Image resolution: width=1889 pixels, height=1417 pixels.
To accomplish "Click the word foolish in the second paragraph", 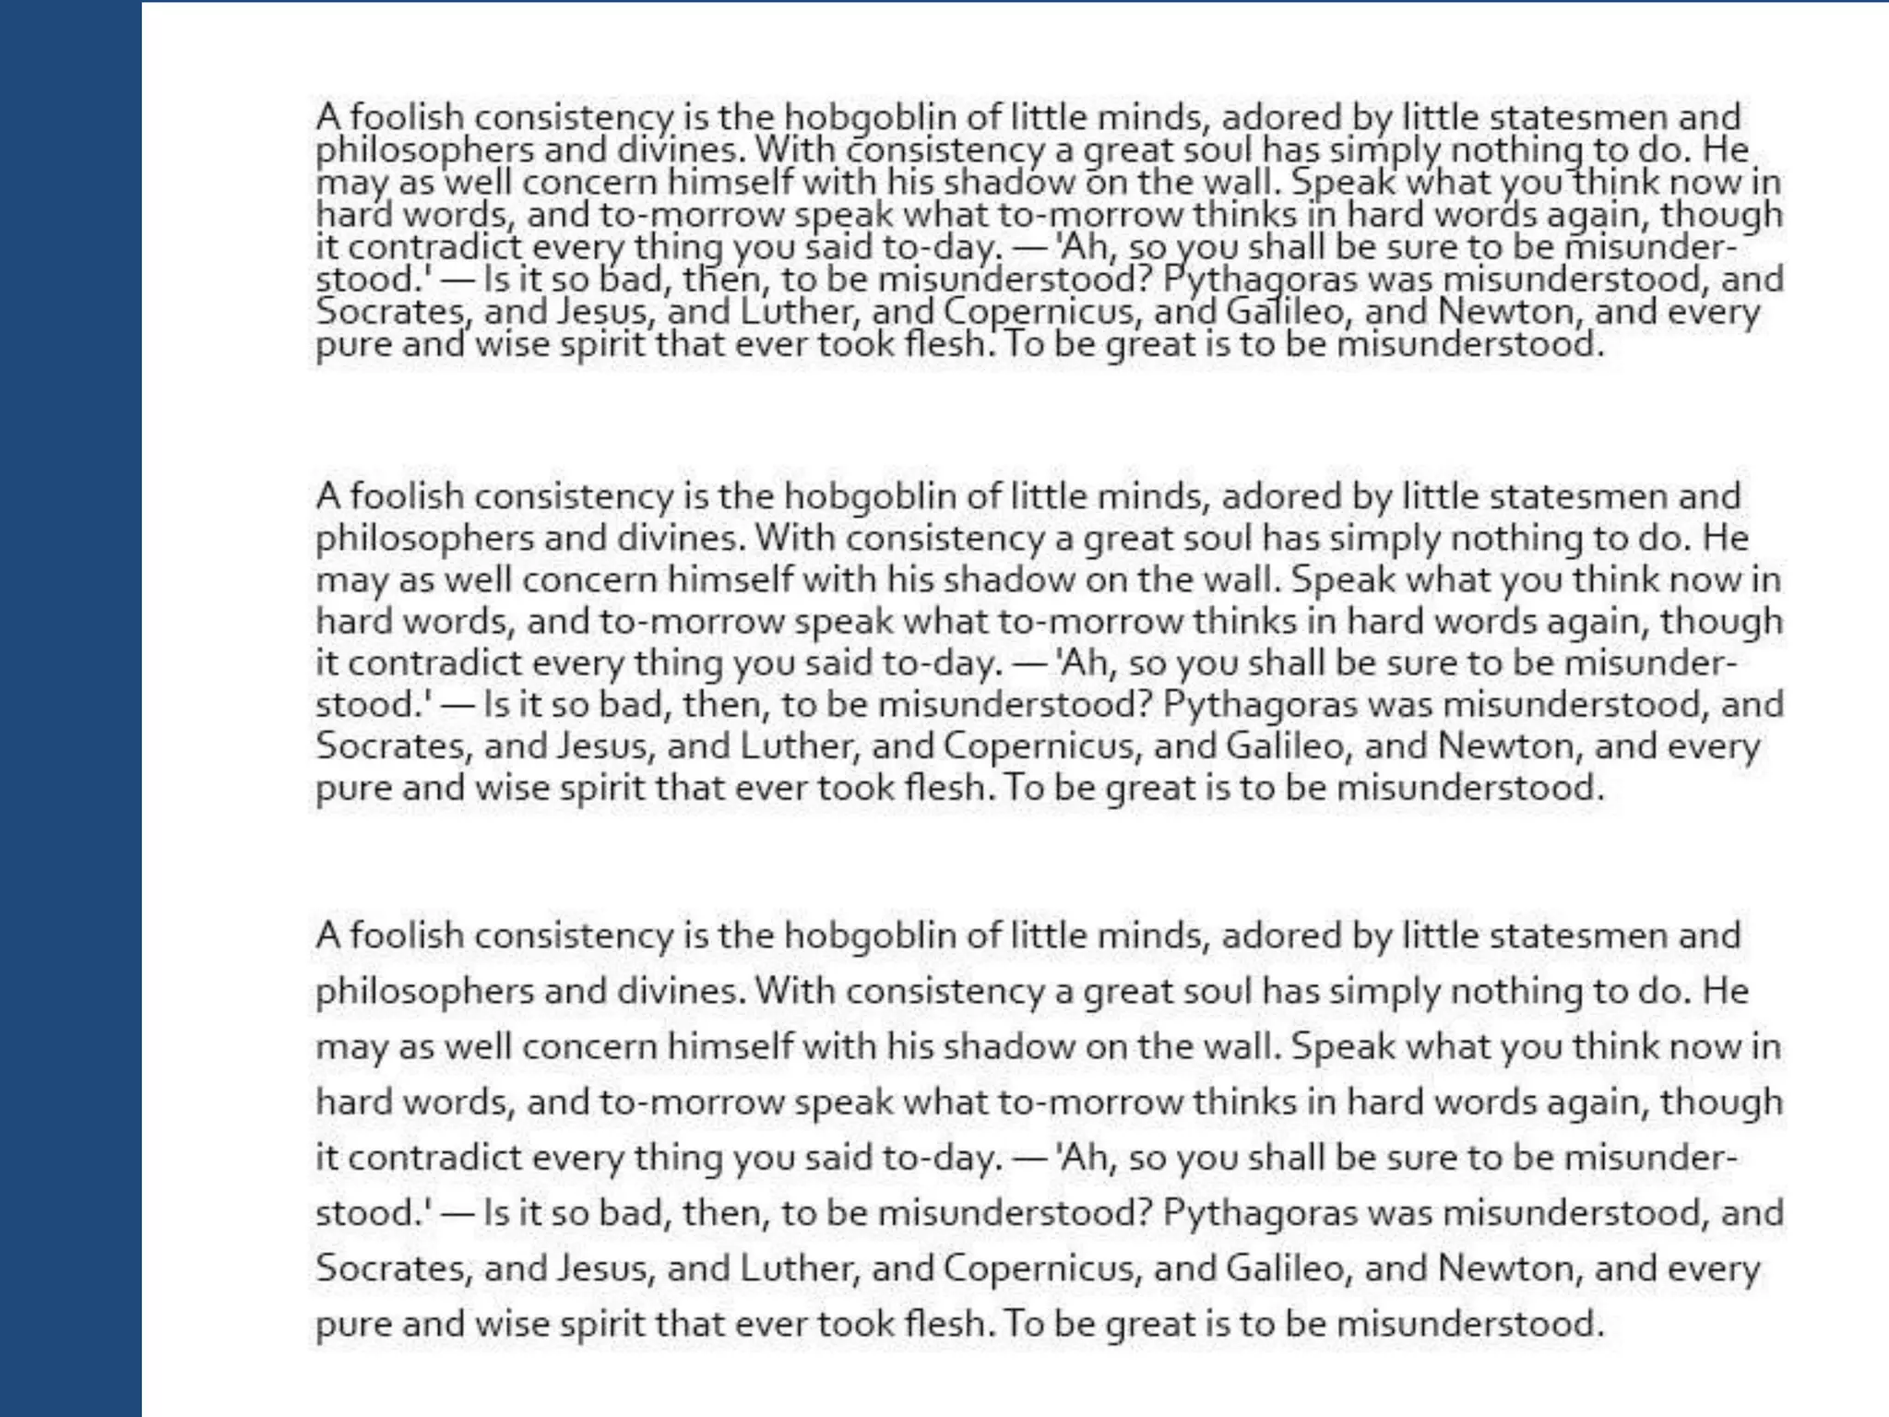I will point(407,496).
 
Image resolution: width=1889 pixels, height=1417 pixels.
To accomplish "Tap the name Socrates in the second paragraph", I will point(391,745).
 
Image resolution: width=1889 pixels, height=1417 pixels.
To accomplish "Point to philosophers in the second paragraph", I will point(424,538).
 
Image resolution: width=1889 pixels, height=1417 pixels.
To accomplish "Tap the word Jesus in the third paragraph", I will point(606,1268).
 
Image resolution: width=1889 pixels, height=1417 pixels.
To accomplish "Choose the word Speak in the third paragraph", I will point(1343,1046).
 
